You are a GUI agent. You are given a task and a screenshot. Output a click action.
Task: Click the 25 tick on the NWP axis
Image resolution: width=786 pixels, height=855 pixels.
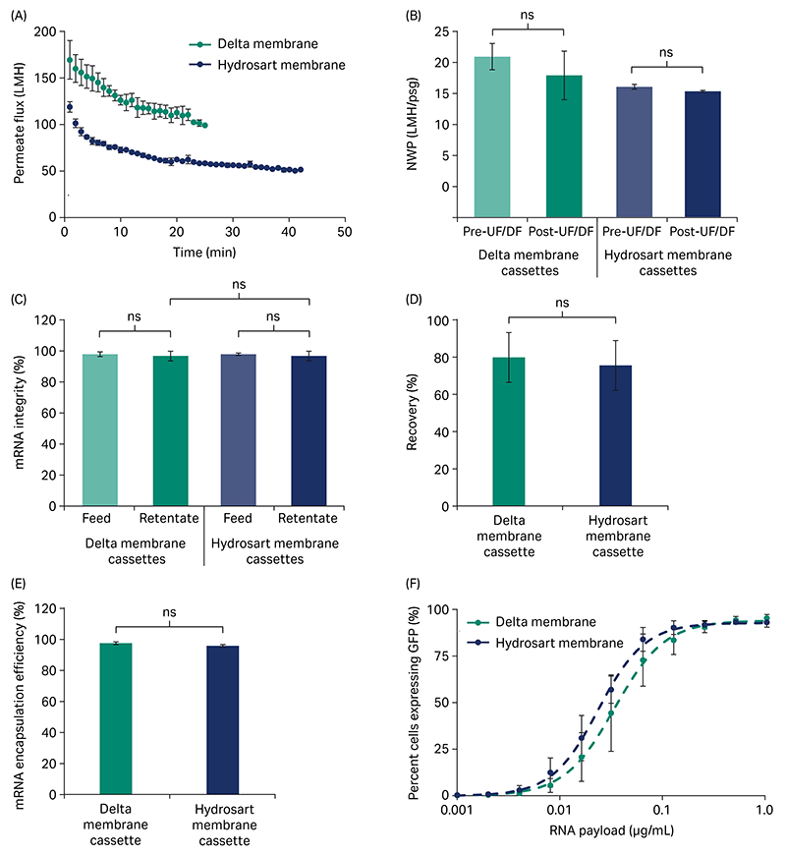[x=446, y=32]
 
